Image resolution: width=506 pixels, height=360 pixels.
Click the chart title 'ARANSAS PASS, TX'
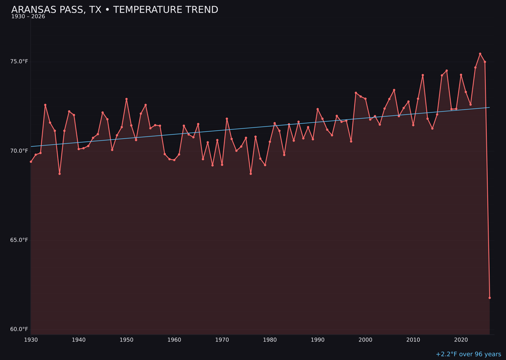(56, 10)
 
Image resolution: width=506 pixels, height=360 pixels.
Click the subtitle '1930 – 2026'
(28, 17)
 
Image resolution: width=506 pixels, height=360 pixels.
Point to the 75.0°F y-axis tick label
(19, 61)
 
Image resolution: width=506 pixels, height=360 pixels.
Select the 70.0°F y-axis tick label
(19, 151)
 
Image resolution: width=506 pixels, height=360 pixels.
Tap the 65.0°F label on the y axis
(19, 240)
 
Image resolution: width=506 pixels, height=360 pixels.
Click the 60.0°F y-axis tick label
(19, 329)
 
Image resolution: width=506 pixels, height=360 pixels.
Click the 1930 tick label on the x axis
(31, 340)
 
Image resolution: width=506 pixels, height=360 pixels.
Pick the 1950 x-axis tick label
(126, 340)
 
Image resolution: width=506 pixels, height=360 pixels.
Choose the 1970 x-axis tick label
(222, 340)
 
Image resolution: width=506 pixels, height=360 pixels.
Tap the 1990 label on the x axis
(318, 340)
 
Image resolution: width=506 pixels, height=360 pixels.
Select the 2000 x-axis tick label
(365, 340)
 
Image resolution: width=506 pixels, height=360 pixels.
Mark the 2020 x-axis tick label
(461, 340)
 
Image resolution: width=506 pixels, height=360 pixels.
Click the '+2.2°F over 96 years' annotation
(468, 354)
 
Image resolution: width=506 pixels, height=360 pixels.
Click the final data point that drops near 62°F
(490, 298)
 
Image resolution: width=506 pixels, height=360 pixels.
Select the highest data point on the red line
(480, 54)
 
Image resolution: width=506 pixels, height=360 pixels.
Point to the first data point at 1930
(31, 162)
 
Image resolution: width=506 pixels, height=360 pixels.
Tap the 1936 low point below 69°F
(60, 174)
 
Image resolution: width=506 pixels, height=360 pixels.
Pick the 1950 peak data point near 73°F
(126, 99)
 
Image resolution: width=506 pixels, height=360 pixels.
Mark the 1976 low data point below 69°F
(251, 174)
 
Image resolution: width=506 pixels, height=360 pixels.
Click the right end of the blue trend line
(489, 107)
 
